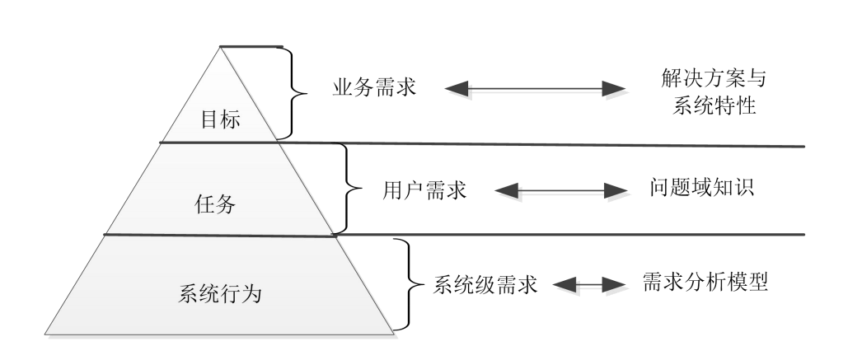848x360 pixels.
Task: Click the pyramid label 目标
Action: pyautogui.click(x=220, y=119)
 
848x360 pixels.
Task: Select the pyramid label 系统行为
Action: pyautogui.click(x=220, y=292)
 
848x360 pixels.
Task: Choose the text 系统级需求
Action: pyautogui.click(x=485, y=285)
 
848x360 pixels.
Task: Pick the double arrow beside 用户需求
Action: pyautogui.click(x=563, y=191)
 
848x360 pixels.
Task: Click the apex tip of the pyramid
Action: pyautogui.click(x=221, y=48)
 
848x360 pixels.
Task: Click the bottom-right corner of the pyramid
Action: pyautogui.click(x=395, y=334)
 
